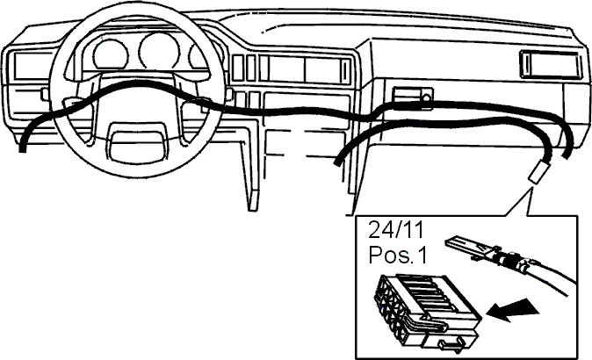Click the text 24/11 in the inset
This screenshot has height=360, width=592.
396,230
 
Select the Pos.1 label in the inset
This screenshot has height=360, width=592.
398,255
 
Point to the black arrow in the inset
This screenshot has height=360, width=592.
512,309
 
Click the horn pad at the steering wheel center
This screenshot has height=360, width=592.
138,145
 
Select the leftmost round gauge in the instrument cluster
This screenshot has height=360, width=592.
111,55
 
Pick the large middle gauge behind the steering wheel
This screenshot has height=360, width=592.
159,52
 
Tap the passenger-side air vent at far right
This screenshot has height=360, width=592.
551,65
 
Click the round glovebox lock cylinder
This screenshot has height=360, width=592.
426,98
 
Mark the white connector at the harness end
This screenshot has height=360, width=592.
538,172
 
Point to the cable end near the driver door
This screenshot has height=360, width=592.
23,148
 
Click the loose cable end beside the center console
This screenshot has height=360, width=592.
337,162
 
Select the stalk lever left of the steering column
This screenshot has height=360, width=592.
45,94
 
